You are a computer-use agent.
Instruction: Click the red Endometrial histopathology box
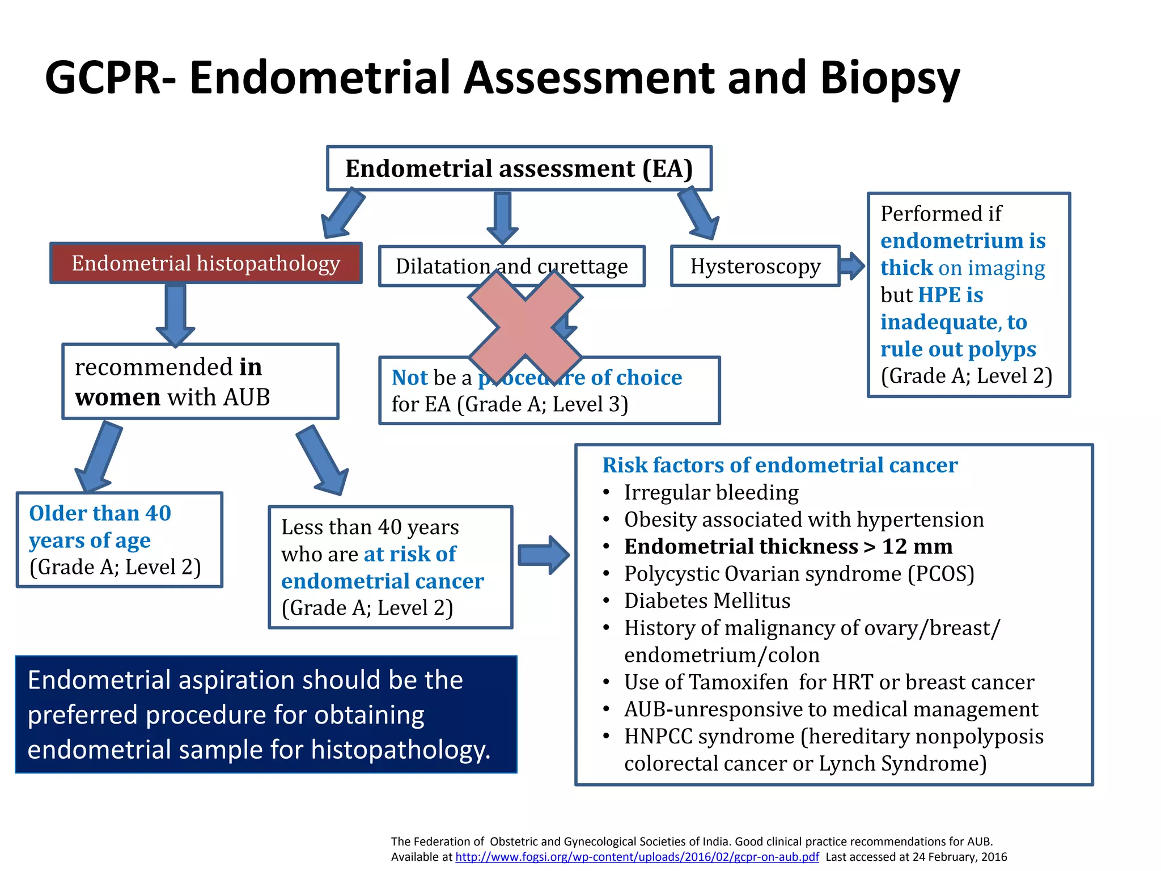pos(206,264)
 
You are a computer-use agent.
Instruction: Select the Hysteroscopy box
pos(755,266)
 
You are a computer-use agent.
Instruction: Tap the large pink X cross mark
pos(525,327)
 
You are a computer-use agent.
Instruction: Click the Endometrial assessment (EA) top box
pos(519,168)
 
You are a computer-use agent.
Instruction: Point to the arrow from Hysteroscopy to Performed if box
pos(852,265)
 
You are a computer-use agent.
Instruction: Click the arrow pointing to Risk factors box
pos(543,555)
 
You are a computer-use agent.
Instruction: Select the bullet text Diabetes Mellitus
pos(707,601)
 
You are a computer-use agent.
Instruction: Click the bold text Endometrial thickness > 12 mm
pos(788,547)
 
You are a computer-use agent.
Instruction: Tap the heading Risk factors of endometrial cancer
pos(779,465)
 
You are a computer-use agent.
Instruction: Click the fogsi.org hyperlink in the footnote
pos(637,857)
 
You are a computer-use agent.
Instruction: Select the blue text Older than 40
pos(100,513)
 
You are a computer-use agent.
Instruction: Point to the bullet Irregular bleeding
pos(711,492)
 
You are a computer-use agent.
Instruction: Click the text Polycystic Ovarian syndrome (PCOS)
pos(799,574)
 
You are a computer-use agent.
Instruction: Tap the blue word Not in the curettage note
pos(409,378)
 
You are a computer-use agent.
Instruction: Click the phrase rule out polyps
pos(957,349)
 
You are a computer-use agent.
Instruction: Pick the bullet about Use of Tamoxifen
pos(829,682)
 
